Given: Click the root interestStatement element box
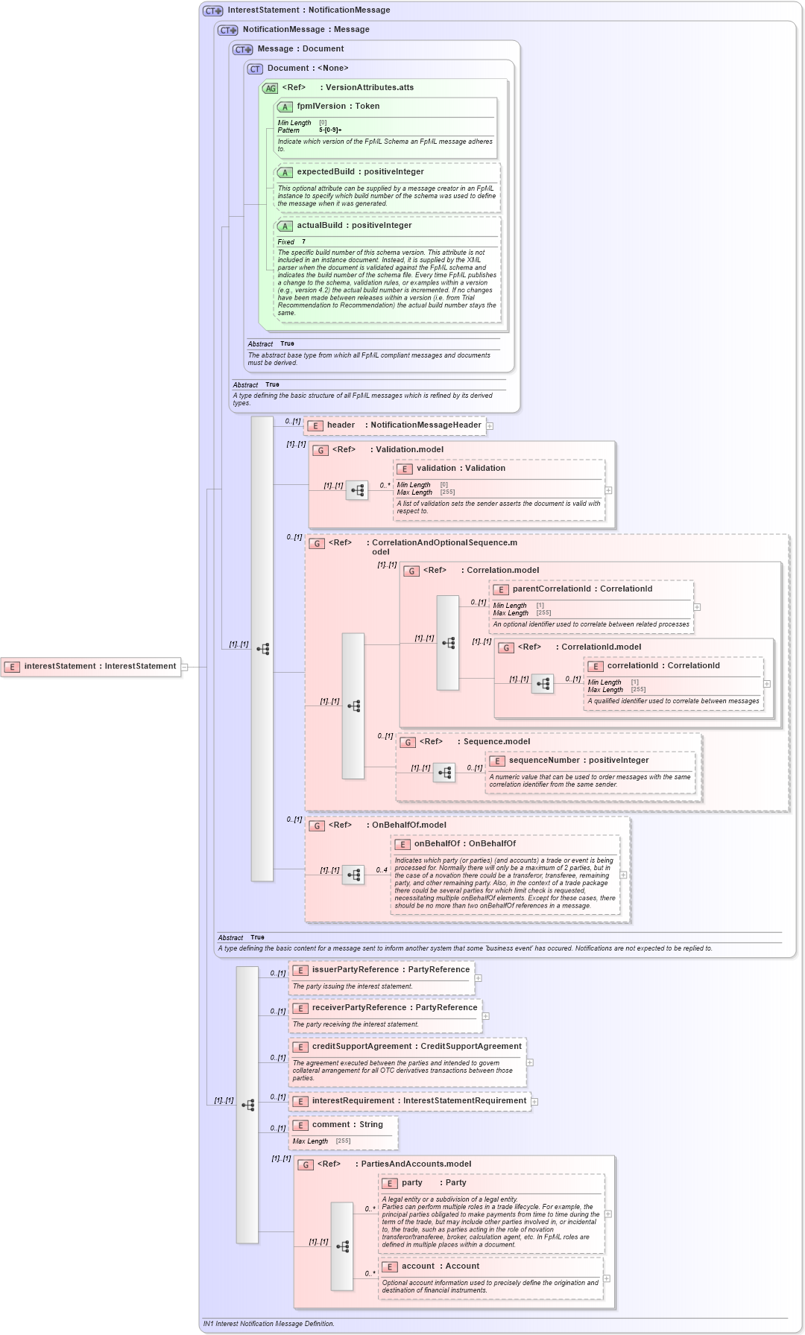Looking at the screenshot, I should tap(91, 667).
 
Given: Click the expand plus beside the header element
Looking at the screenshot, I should tap(490, 426).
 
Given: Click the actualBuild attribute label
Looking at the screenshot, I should tap(354, 226).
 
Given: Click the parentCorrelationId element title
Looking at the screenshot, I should tap(581, 589).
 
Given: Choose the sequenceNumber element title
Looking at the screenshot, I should tap(578, 761).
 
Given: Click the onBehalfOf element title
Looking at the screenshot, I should tap(464, 844).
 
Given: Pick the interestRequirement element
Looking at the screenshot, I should tap(410, 1101).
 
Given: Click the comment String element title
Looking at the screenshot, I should tap(347, 1125).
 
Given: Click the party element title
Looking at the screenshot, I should tap(433, 1183).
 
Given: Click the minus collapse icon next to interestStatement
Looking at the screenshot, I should tap(185, 667).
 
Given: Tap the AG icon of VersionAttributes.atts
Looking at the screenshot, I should tap(270, 89).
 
